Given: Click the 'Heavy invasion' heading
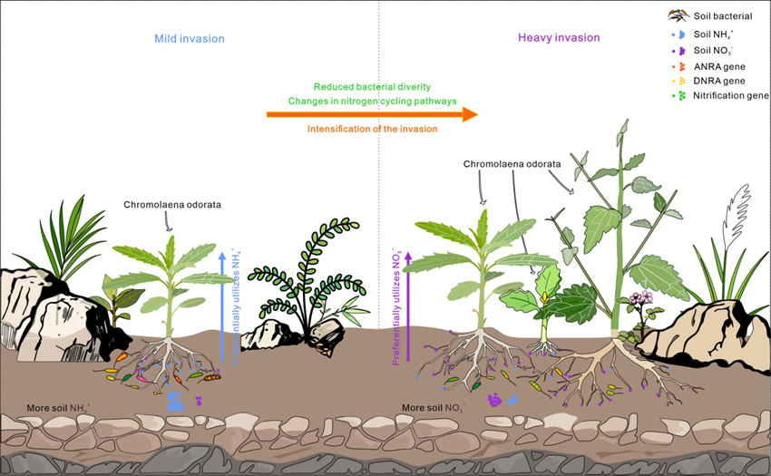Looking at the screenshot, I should click(559, 38).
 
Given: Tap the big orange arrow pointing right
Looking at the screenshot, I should click(372, 114).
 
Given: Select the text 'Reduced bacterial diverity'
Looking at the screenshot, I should click(371, 86).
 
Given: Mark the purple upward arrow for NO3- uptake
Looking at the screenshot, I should click(408, 304).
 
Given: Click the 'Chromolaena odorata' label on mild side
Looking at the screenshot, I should click(172, 205).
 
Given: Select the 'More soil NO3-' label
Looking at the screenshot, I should click(434, 408).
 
